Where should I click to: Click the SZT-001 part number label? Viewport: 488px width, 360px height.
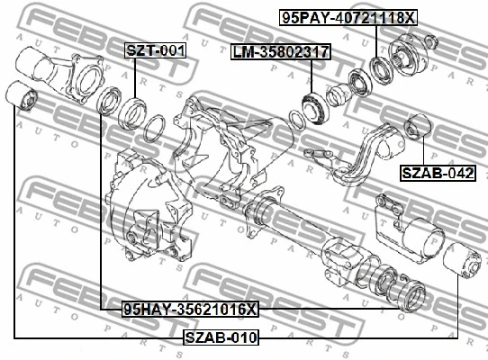click(155, 50)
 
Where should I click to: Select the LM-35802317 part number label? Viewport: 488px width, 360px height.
click(281, 51)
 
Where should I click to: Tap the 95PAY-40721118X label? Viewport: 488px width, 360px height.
click(348, 17)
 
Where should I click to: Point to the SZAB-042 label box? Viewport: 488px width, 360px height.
click(438, 173)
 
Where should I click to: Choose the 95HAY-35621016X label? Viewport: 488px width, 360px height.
click(190, 310)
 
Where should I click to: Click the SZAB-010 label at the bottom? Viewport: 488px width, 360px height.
click(221, 337)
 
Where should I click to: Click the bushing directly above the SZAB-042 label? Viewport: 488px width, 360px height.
click(417, 127)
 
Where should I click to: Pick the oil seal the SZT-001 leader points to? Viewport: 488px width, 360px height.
click(133, 113)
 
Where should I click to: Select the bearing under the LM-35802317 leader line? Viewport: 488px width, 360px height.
click(314, 108)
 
